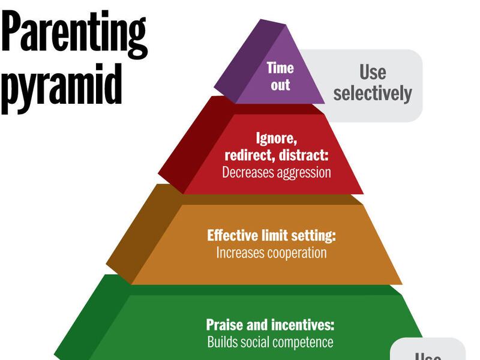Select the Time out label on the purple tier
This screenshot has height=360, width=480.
280,76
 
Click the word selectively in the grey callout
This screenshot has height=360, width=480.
373,93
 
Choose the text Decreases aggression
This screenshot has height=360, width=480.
277,172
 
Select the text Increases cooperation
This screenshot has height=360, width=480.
271,253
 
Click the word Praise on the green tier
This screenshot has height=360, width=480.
225,325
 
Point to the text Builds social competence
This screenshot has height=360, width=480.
270,343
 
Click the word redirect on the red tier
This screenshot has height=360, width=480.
247,155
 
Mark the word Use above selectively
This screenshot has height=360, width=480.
373,73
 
